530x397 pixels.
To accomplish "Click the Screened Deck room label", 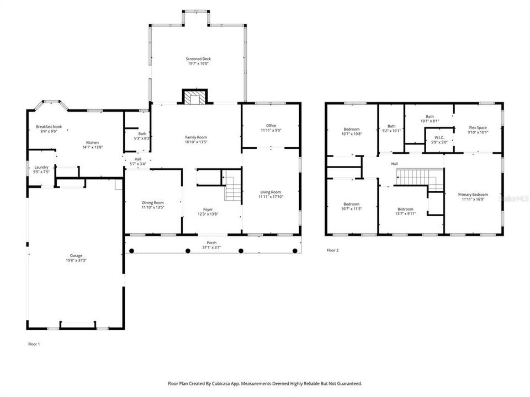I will tap(197, 59).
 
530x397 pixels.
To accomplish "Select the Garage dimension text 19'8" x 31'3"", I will tap(76, 260).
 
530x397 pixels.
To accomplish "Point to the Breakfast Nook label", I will tap(49, 127).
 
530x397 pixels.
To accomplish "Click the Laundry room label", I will tap(41, 167).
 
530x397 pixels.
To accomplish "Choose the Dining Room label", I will tap(152, 202).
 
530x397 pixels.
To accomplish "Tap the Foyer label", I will tap(208, 209).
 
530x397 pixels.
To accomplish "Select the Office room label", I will tap(271, 126).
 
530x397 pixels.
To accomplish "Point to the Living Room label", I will tap(271, 192).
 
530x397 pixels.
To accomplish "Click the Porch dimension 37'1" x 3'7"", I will tap(212, 248).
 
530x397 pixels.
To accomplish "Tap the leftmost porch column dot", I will tap(131, 251).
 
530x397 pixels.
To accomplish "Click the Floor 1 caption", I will tap(34, 344).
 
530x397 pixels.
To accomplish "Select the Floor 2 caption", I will tap(332, 250).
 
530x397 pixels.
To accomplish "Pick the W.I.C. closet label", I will tap(439, 137).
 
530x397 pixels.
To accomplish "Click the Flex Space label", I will tap(478, 127).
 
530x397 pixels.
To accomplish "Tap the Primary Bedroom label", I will tap(475, 195).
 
